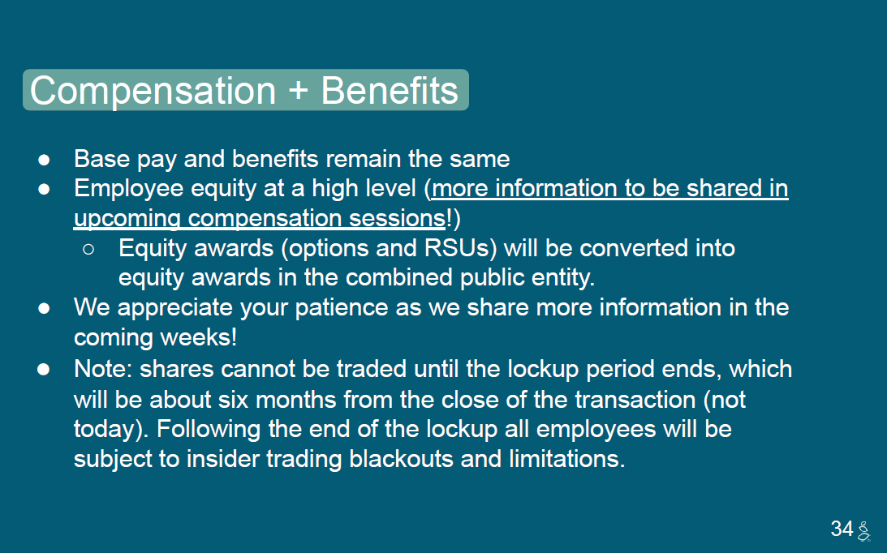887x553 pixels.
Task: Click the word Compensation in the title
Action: click(x=153, y=91)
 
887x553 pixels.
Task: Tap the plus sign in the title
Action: click(x=298, y=91)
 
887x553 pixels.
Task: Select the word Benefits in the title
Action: click(x=390, y=90)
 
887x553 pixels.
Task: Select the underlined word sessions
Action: click(x=397, y=219)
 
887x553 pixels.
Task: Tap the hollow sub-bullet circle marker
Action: click(x=88, y=249)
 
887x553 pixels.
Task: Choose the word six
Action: click(x=233, y=400)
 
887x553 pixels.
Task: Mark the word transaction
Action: click(x=635, y=400)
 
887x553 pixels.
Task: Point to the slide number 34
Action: click(x=842, y=529)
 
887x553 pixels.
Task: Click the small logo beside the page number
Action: click(x=863, y=531)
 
